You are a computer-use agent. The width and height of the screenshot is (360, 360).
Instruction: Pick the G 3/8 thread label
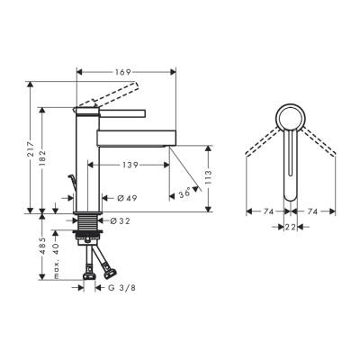(x=121, y=288)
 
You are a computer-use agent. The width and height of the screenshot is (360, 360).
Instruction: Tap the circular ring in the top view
(x=290, y=116)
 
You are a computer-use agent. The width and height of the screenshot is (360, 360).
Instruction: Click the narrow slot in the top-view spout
(x=290, y=157)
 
